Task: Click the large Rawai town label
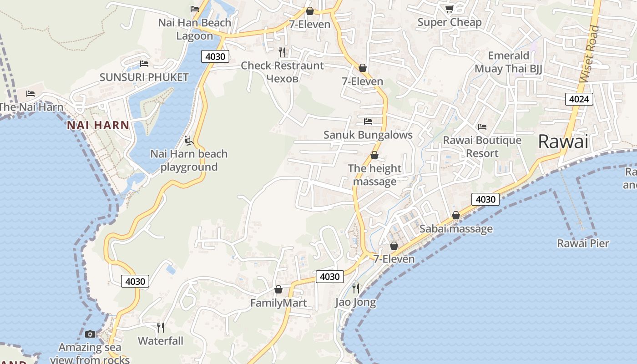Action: tap(563, 142)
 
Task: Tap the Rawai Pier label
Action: tap(583, 243)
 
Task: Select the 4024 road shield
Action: tap(579, 99)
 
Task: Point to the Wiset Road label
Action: tap(590, 54)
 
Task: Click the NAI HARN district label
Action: tap(98, 125)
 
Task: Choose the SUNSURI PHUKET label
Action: tap(144, 77)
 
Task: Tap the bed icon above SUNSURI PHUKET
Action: tap(144, 64)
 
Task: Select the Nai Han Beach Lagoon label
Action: tap(195, 29)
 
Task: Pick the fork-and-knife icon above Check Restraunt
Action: tap(282, 52)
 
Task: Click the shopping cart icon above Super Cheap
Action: tap(449, 9)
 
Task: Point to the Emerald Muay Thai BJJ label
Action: tap(508, 62)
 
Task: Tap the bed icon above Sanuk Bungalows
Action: tap(368, 121)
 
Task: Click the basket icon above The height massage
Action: tap(374, 156)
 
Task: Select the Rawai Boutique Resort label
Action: tap(482, 147)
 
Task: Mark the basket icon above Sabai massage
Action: tap(455, 216)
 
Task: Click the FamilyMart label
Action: tap(278, 303)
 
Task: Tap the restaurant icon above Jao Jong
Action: tap(356, 288)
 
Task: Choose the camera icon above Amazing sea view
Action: tap(90, 334)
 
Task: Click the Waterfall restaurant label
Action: tap(161, 341)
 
